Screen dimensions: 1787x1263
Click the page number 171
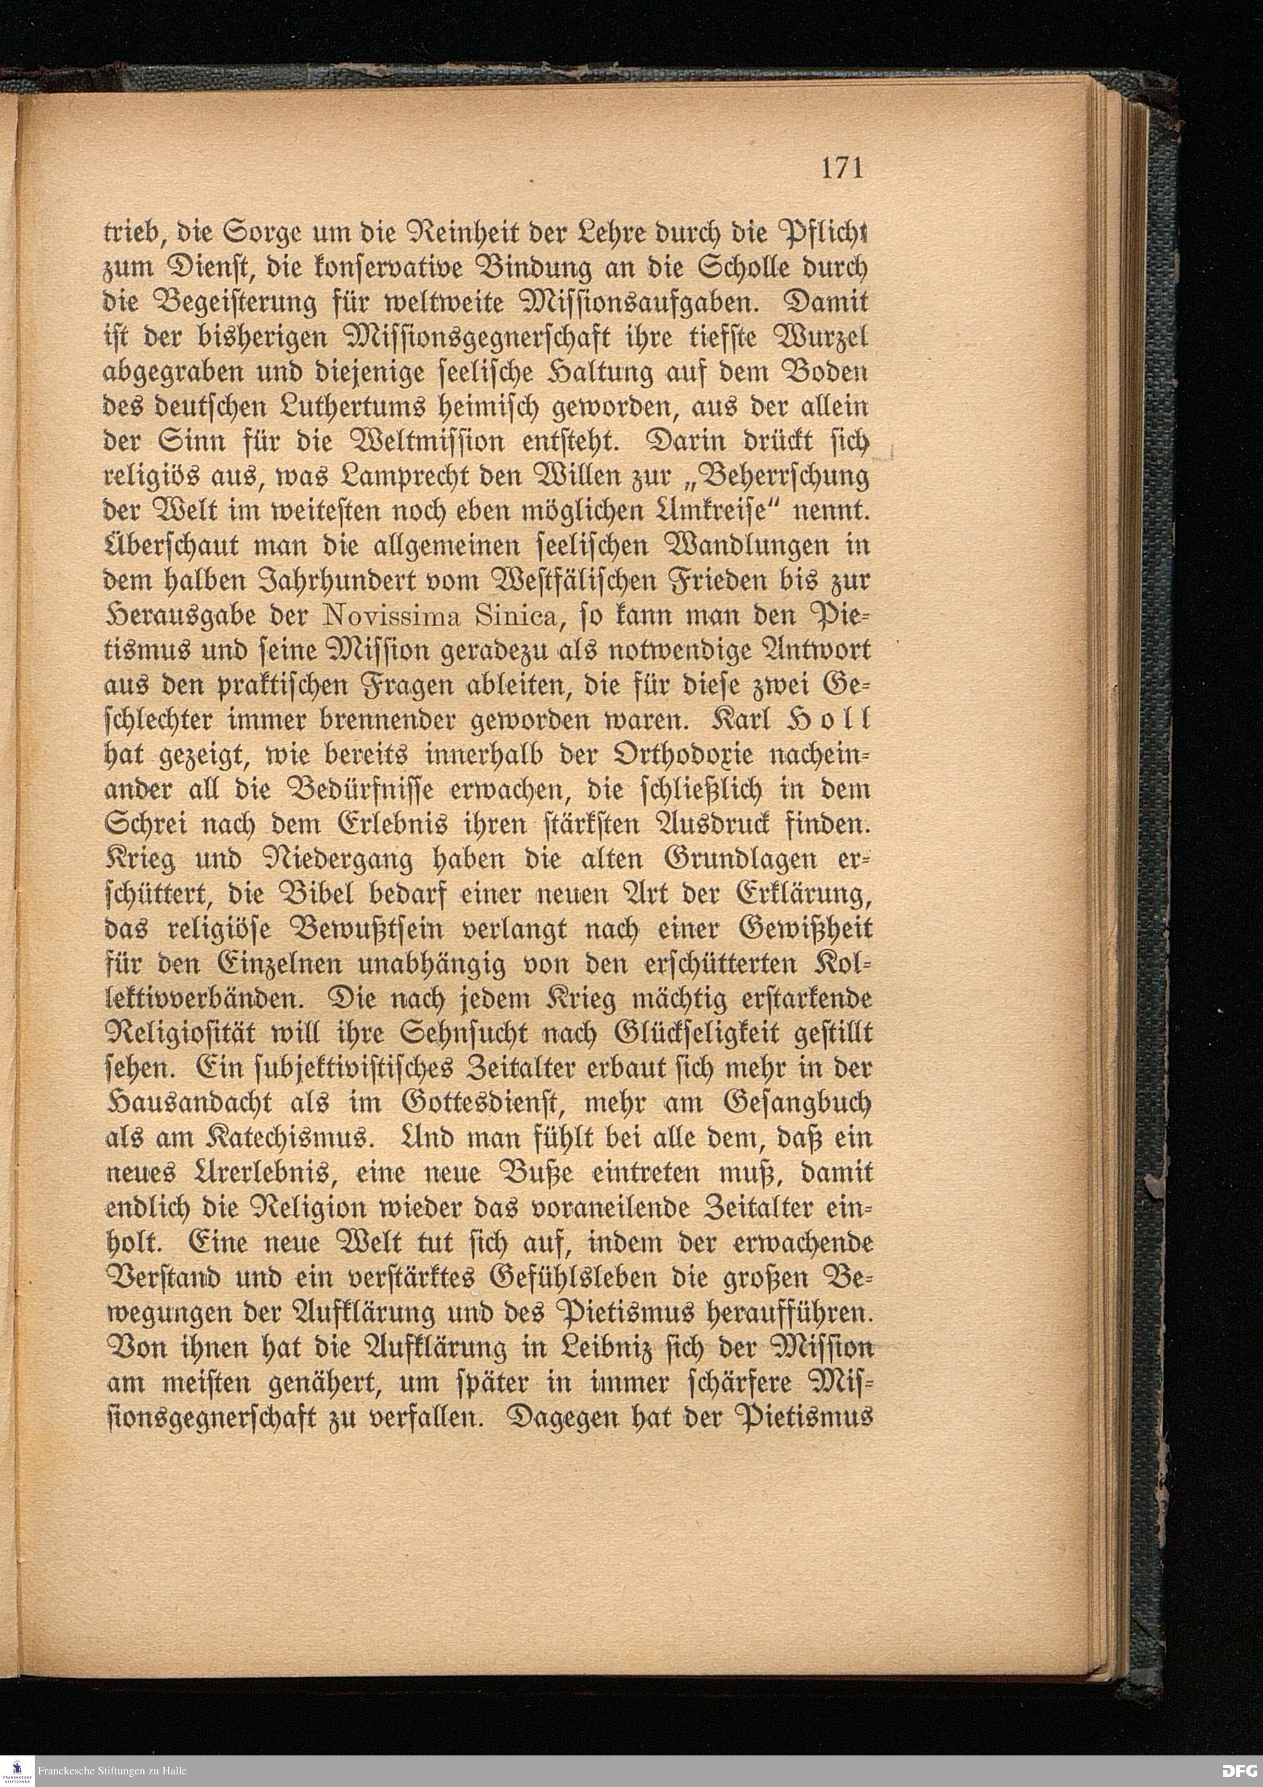(x=841, y=167)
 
